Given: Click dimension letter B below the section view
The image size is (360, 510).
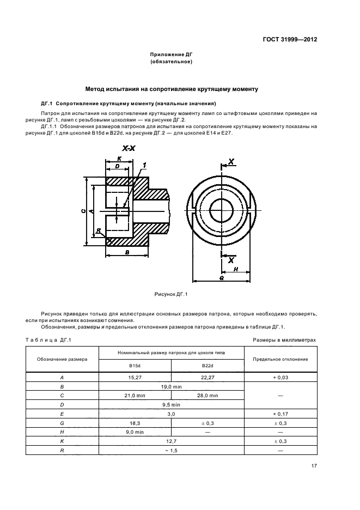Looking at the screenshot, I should (127, 253).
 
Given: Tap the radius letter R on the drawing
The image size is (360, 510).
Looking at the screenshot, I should (99, 231).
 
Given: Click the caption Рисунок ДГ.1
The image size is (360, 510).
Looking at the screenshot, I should (172, 295).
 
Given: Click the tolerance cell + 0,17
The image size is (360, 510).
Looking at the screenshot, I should (280, 414).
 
